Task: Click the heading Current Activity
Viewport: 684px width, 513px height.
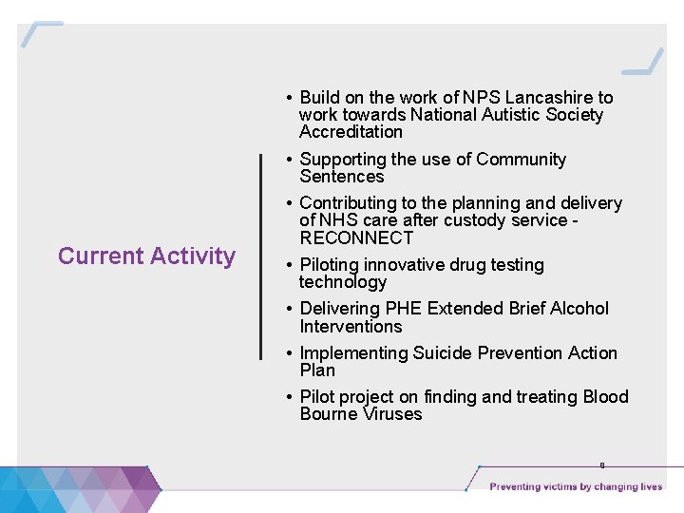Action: point(146,256)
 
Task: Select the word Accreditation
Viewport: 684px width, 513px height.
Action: point(351,132)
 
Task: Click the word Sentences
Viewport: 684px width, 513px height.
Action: point(341,177)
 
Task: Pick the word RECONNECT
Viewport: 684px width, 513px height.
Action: point(356,238)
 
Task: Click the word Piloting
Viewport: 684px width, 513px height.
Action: point(332,265)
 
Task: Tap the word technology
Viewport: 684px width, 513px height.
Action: point(342,282)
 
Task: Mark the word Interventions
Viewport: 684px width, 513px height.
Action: point(351,327)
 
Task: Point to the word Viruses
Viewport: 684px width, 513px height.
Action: point(392,414)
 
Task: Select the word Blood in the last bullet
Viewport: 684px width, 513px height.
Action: point(605,397)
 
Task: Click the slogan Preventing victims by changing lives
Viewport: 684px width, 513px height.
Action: point(576,487)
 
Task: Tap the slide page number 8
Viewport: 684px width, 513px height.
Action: point(601,465)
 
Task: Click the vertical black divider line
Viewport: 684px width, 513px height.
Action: point(261,256)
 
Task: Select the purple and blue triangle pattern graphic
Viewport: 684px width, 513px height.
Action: point(81,488)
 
